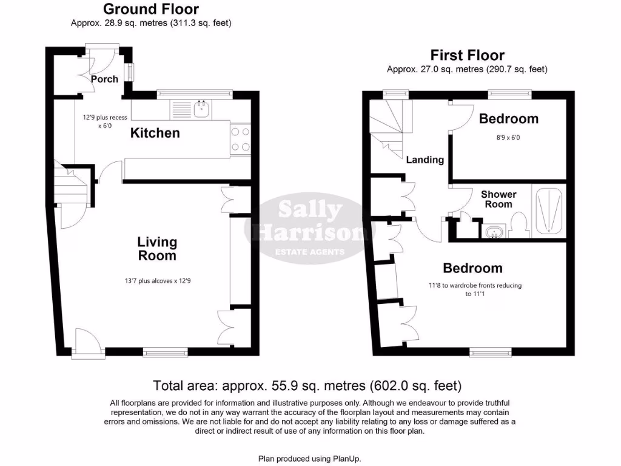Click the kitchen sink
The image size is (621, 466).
point(202,109)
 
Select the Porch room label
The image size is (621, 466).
point(104,79)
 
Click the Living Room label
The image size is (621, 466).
point(157,249)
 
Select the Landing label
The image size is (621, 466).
point(425,160)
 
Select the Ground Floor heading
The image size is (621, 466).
point(151,9)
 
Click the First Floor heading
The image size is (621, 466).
point(467,55)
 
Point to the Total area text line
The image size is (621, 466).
point(307,385)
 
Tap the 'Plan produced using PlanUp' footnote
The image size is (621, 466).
point(314,458)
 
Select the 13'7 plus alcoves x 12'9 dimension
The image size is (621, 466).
point(157,281)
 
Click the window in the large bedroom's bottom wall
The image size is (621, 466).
point(490,351)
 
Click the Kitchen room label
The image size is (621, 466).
point(155,133)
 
